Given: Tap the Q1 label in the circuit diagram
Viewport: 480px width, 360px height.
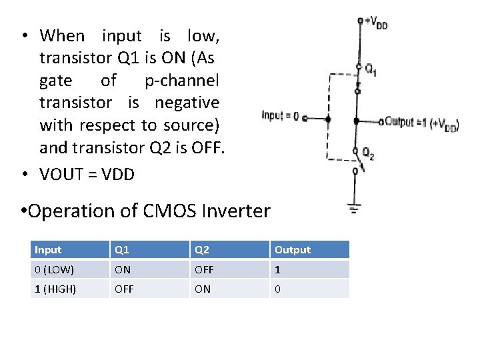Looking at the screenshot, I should (370, 69).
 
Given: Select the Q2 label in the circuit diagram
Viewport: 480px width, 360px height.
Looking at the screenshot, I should (368, 155).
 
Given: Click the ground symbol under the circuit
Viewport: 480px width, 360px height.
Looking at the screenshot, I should (354, 209).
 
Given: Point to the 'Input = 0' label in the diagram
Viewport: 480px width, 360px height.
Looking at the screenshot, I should (280, 115).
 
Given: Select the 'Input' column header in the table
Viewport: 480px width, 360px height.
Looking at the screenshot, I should (48, 250).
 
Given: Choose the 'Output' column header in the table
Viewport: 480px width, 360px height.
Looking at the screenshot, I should (293, 250).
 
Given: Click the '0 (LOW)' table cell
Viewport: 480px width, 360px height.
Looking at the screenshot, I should (55, 269).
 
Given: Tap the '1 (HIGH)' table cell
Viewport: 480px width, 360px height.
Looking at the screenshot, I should (55, 289).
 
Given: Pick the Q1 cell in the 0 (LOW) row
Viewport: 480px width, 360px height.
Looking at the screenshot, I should (123, 269).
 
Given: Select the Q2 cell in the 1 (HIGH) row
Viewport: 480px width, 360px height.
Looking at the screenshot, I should (202, 289).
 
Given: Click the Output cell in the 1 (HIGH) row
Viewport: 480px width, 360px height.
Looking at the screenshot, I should (278, 289).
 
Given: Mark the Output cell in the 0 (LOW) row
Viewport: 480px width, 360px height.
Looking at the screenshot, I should (278, 269).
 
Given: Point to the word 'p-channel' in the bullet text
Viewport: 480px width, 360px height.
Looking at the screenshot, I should (181, 81).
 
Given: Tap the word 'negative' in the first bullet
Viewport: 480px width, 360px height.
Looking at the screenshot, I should (187, 103).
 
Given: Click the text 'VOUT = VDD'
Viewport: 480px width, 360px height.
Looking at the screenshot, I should (87, 175).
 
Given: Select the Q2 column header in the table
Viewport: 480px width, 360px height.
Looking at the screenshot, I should (202, 250).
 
